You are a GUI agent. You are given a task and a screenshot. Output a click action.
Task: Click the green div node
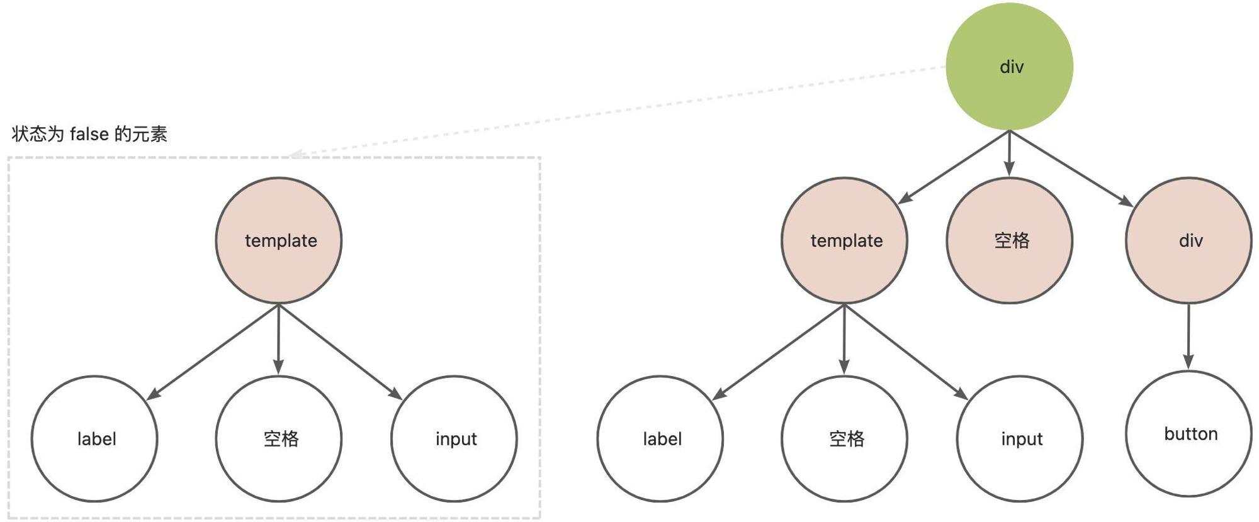coord(1010,67)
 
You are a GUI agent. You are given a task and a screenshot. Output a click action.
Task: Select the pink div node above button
coord(1188,240)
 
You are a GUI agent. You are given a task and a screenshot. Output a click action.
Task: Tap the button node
coord(1188,434)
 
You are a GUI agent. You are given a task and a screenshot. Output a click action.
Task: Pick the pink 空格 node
coord(1010,240)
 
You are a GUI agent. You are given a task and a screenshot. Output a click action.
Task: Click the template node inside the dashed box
coord(279,240)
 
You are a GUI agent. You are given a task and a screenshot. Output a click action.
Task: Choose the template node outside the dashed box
coord(844,240)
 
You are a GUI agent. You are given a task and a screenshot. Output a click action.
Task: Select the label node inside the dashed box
coord(94,438)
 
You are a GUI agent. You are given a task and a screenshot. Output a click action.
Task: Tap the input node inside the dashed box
coord(454,438)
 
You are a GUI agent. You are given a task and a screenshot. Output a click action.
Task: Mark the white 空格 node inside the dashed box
coord(279,438)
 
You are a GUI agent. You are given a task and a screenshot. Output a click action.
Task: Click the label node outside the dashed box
coord(660,438)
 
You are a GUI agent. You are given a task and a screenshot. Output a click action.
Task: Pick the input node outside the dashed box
coord(1020,438)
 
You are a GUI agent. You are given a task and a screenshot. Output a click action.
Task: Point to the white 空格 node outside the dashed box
coord(844,438)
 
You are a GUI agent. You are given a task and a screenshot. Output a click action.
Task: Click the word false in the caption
coord(89,134)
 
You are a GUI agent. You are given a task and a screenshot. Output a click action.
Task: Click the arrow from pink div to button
coord(1188,337)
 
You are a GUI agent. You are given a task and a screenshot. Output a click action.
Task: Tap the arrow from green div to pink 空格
coord(1010,153)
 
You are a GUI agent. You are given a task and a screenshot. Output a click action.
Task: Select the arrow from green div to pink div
coord(1071,169)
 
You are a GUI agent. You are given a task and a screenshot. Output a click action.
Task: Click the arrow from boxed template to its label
coord(212,352)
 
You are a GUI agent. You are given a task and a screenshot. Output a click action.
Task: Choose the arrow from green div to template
coord(954,167)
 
